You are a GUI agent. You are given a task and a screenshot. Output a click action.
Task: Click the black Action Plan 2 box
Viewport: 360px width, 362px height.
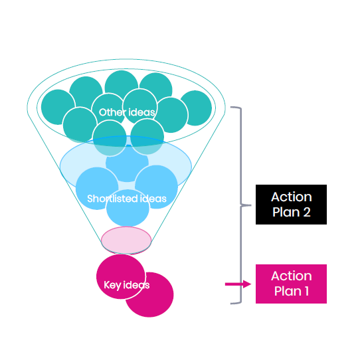pyautogui.click(x=291, y=205)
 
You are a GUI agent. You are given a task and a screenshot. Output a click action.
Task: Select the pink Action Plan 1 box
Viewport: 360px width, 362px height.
pyautogui.click(x=291, y=284)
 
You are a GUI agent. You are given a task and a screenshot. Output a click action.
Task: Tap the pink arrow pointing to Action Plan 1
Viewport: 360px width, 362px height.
pyautogui.click(x=238, y=284)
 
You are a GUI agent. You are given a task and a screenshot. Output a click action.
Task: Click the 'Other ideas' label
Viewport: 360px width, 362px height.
pyautogui.click(x=127, y=112)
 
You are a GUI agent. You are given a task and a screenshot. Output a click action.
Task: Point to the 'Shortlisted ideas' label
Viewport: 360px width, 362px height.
pyautogui.click(x=127, y=199)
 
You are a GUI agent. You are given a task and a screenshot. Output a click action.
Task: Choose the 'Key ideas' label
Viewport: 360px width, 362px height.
pyautogui.click(x=127, y=285)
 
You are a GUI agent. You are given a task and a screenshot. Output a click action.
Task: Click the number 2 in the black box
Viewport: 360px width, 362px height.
pyautogui.click(x=307, y=212)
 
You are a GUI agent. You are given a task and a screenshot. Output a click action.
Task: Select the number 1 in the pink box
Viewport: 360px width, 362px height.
pyautogui.click(x=307, y=291)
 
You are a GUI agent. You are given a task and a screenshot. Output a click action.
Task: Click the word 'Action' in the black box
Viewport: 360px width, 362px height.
pyautogui.click(x=292, y=197)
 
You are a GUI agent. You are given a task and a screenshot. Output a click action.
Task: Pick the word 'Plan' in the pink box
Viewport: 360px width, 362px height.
pyautogui.click(x=286, y=292)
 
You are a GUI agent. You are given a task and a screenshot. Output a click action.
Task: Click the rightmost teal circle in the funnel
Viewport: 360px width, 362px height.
pyautogui.click(x=196, y=108)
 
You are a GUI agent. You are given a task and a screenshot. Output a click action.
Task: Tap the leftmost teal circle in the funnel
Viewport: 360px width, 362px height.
pyautogui.click(x=58, y=107)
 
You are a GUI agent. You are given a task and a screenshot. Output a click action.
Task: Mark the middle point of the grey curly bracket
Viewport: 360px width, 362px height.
pyautogui.click(x=241, y=205)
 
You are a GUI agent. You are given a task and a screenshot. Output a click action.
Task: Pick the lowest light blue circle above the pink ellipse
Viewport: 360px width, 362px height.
pyautogui.click(x=128, y=208)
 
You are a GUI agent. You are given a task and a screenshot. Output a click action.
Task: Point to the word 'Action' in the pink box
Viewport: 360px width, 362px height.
pyautogui.click(x=292, y=276)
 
